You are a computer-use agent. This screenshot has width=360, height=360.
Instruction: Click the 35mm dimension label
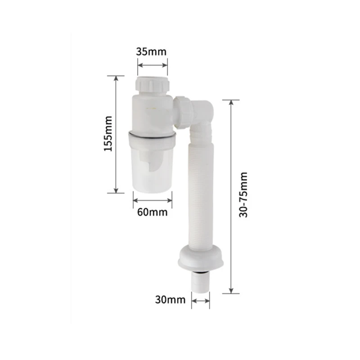[x=151, y=52]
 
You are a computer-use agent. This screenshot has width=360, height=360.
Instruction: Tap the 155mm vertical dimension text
[x=108, y=134]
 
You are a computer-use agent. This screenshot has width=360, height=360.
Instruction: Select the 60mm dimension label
[x=152, y=212]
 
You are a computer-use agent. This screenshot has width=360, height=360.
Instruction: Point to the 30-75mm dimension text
[x=243, y=195]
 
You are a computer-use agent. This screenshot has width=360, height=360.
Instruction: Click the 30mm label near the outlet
[x=170, y=300]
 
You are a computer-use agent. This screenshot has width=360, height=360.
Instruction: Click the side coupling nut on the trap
[x=183, y=112]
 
